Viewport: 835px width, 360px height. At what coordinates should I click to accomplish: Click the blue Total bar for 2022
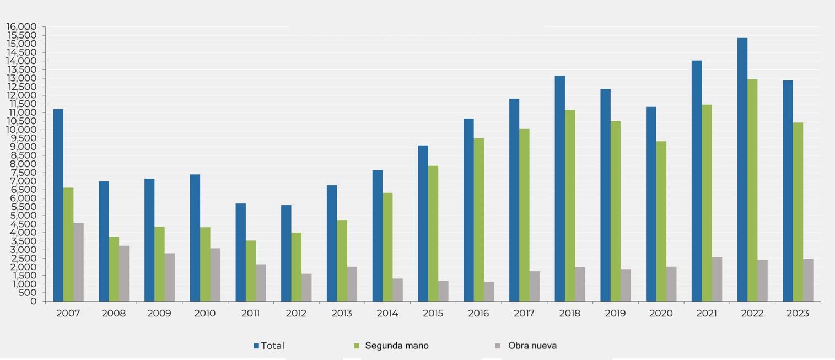(742, 169)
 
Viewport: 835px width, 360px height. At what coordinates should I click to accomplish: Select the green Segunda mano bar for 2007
(68, 244)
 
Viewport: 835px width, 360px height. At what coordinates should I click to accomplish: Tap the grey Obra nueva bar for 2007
(78, 262)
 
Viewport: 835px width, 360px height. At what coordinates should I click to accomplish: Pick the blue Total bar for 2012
(286, 253)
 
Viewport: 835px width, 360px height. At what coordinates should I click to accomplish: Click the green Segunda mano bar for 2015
(433, 233)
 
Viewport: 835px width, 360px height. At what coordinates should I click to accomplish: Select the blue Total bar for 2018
(559, 188)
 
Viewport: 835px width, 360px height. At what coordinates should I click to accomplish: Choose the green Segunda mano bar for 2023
(798, 212)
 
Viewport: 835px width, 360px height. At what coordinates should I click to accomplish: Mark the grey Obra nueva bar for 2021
(717, 279)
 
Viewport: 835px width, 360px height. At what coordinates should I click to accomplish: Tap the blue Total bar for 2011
(240, 252)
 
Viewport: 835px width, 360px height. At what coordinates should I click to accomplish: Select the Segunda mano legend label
(396, 346)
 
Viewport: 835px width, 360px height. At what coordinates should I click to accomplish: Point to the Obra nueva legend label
(532, 346)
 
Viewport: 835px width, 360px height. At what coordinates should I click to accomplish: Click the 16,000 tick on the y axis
(23, 26)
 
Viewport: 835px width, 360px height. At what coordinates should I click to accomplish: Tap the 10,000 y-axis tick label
(23, 130)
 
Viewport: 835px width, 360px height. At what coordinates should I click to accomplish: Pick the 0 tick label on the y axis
(34, 302)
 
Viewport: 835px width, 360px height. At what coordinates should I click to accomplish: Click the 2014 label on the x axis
(387, 314)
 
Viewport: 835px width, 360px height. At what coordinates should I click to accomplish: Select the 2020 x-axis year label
(661, 314)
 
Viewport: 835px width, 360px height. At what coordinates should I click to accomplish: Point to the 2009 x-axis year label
(159, 314)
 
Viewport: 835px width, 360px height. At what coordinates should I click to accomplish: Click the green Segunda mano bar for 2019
(615, 211)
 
